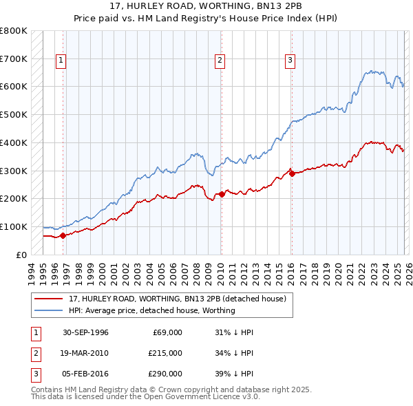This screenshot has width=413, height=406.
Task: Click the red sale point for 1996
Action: tap(63, 235)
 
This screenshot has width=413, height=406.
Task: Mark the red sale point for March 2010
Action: tap(221, 194)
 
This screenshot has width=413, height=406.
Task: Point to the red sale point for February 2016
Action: tap(291, 173)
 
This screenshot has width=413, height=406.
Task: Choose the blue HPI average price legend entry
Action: tap(151, 310)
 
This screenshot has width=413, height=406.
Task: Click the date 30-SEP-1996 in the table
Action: tap(85, 332)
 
